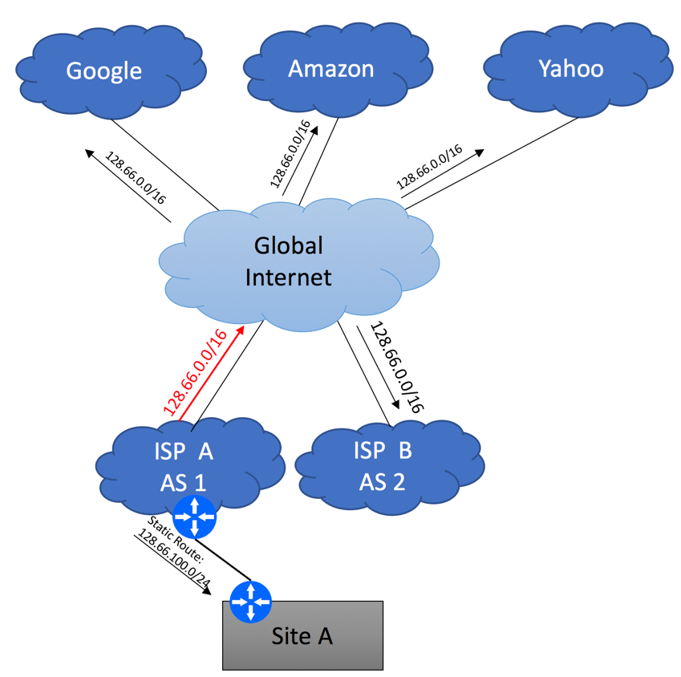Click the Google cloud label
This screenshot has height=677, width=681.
coord(103,71)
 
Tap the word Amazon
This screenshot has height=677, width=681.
coord(331,69)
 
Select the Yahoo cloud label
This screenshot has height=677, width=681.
coord(571,69)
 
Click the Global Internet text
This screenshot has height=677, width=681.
coord(289,261)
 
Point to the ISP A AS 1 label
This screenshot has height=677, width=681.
coord(183,467)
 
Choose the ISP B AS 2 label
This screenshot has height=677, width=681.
coord(383,466)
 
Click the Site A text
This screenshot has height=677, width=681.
coord(302,636)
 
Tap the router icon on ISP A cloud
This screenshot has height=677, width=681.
coord(194,517)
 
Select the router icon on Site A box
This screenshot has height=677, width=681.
coord(250,602)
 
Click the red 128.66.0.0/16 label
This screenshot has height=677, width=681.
coord(195,372)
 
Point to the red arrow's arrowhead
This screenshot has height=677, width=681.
coord(240,330)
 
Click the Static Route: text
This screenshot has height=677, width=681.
coord(175,539)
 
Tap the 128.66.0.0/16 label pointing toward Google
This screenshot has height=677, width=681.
coord(136,177)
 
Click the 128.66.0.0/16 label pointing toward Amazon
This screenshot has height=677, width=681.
coord(290,154)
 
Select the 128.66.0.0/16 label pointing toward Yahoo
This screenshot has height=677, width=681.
coord(429,167)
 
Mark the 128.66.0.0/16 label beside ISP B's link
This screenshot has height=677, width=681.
coord(397,367)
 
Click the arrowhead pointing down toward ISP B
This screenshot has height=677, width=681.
coord(395,403)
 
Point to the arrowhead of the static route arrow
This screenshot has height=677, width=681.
coord(207,590)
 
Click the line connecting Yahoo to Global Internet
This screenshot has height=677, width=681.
coord(492,164)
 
